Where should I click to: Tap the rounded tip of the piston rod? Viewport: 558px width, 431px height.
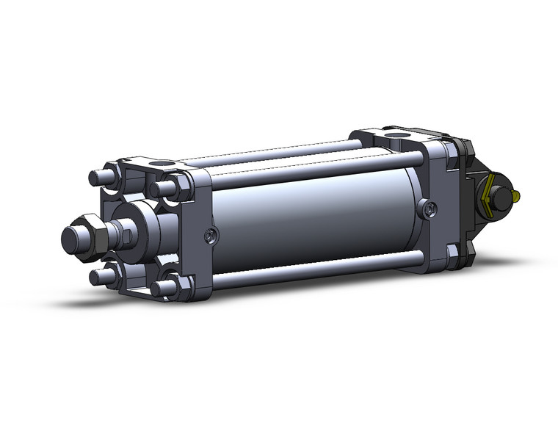tap(70, 239)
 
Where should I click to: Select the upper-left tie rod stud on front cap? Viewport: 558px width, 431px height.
tap(100, 178)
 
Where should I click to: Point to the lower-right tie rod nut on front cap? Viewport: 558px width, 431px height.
tap(171, 285)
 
